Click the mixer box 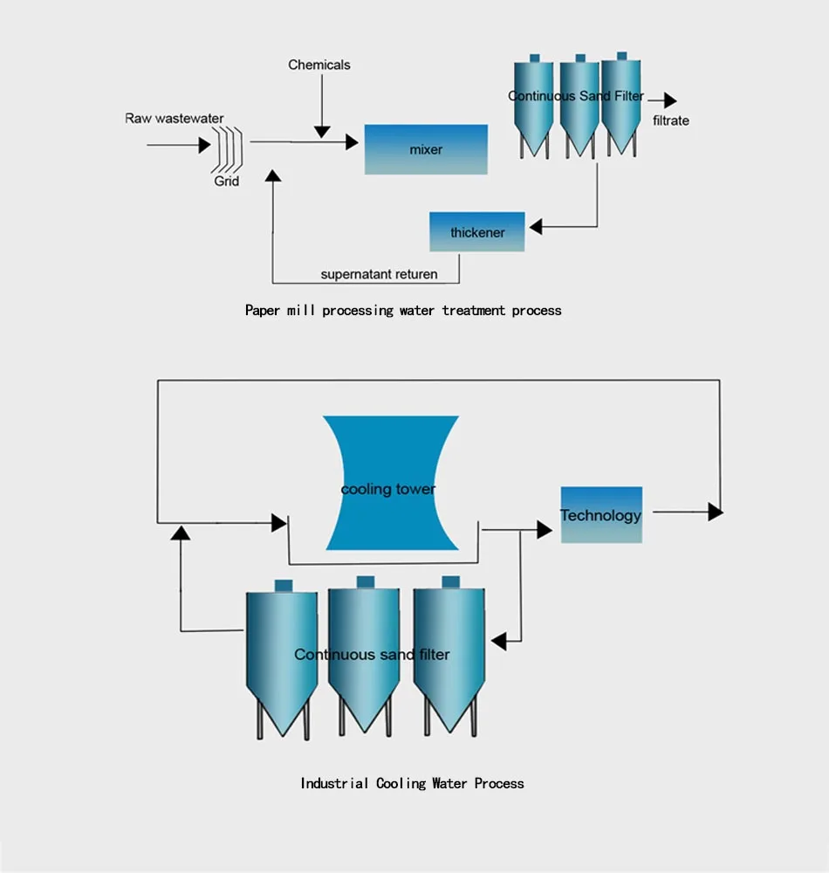click(x=426, y=149)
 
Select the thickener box click(x=477, y=232)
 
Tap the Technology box click(x=601, y=515)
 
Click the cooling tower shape click(x=390, y=483)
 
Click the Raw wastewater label click(x=175, y=119)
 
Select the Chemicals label click(x=319, y=65)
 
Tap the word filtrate click(x=671, y=120)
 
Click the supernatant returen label click(x=379, y=274)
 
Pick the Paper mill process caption click(x=403, y=310)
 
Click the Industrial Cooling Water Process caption click(x=412, y=783)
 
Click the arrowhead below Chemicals click(x=322, y=131)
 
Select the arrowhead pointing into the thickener click(x=535, y=227)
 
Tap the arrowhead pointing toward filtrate click(x=669, y=100)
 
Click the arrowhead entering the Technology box click(x=545, y=529)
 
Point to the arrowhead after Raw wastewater click(x=204, y=145)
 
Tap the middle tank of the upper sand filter click(x=578, y=109)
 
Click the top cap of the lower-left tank click(x=282, y=586)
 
